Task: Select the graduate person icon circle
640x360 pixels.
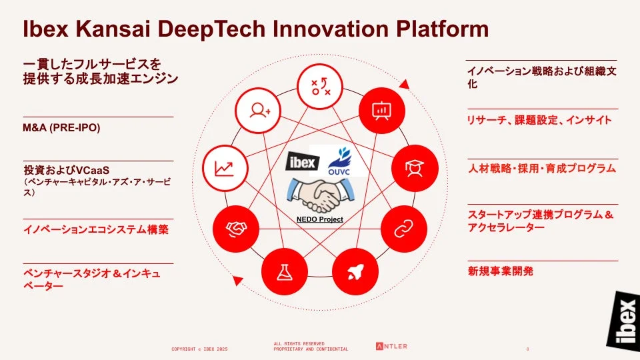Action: [x=414, y=169]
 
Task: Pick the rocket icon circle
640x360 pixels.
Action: [x=355, y=271]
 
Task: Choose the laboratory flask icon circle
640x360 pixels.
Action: [x=285, y=271]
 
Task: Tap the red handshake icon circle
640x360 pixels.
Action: [x=235, y=229]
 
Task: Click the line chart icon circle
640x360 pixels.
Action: [x=224, y=169]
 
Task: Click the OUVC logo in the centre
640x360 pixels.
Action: [x=343, y=163]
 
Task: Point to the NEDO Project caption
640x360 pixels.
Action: [x=320, y=219]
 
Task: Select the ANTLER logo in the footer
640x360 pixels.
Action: [x=391, y=346]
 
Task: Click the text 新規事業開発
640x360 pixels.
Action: [x=501, y=271]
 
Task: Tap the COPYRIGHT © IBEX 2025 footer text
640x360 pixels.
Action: [x=200, y=349]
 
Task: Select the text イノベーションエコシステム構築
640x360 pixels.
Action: [x=96, y=230]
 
